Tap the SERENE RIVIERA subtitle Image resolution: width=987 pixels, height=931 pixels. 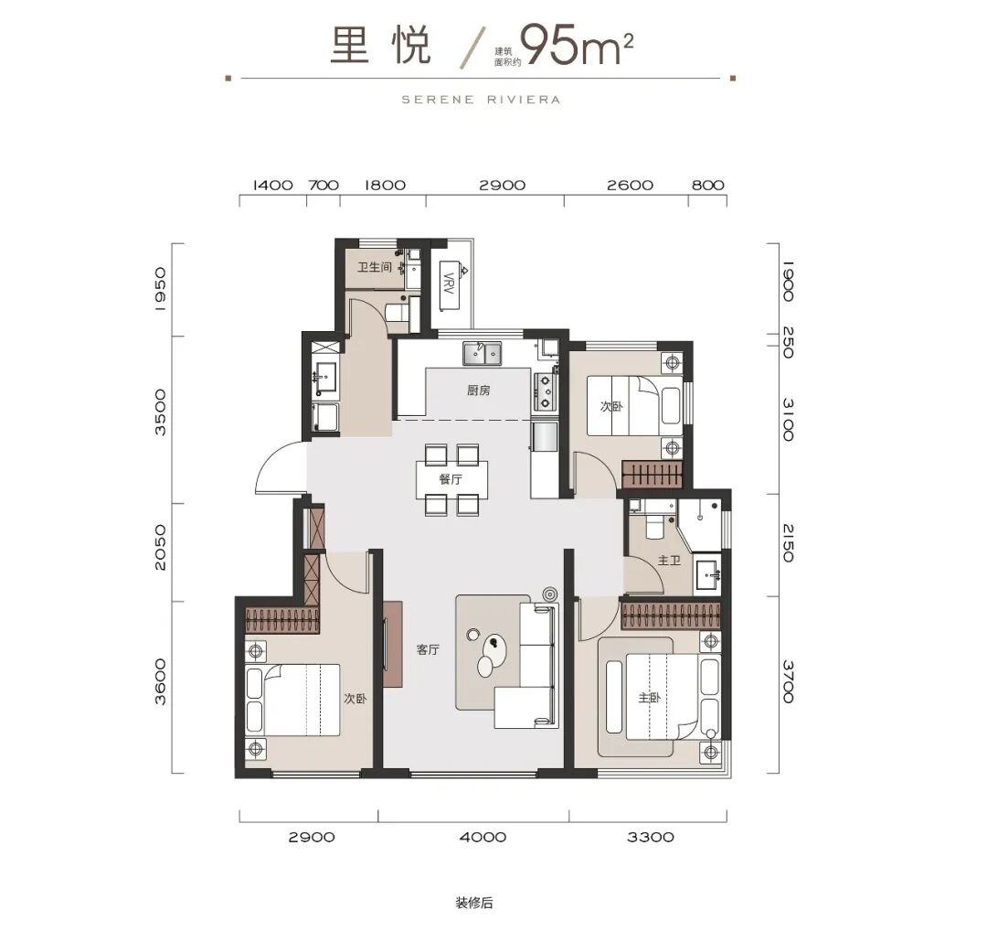point(481,100)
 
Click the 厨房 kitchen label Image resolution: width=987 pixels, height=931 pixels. point(478,391)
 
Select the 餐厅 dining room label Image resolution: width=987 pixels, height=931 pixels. point(451,479)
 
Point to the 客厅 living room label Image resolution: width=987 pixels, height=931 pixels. point(428,649)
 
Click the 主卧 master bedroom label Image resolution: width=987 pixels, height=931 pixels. point(649,698)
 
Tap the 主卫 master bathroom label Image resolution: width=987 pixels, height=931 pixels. point(669,560)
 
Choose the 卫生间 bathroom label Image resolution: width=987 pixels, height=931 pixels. point(375,267)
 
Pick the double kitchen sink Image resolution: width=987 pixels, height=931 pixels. point(483,353)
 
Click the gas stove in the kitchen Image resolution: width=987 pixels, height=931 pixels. point(545,391)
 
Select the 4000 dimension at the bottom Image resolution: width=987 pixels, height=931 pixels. point(483,837)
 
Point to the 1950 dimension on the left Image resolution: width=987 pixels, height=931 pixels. point(160,289)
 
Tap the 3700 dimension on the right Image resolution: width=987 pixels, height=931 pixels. point(788,681)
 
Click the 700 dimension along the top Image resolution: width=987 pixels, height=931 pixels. point(324,185)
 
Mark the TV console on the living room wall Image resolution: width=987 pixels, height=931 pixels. point(393,644)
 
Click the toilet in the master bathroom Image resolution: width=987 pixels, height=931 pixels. point(654,523)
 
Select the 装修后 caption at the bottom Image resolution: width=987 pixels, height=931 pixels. point(474,903)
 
